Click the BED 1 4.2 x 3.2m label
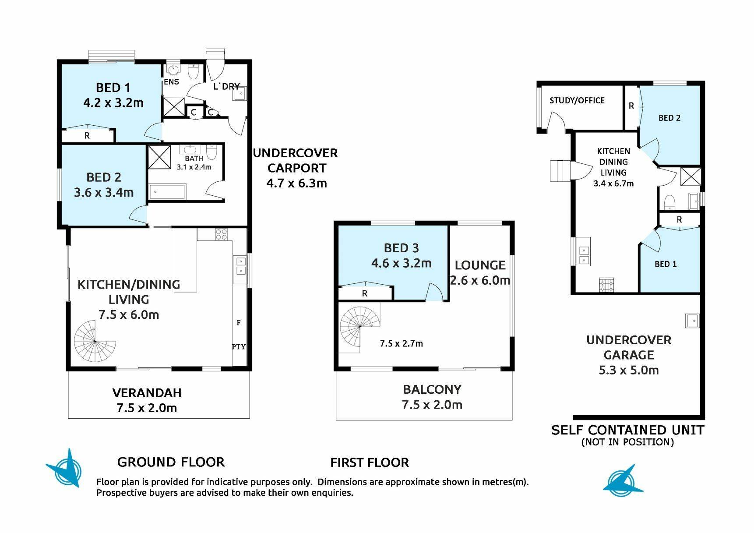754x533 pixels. (x=113, y=95)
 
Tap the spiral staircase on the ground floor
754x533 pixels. (x=95, y=341)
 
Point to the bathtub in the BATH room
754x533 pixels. (x=168, y=191)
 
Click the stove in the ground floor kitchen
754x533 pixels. (x=221, y=234)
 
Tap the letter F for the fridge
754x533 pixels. (x=239, y=323)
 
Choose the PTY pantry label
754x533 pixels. (x=239, y=347)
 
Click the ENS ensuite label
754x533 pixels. (x=171, y=82)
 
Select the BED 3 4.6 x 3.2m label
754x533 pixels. (x=402, y=255)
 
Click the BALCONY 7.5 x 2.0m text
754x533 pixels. (x=432, y=397)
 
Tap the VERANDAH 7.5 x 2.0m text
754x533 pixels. (x=147, y=400)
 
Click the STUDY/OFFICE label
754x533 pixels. (x=577, y=100)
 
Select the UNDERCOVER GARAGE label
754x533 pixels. (x=629, y=348)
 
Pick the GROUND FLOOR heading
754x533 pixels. (x=171, y=462)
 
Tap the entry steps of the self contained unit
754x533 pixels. (x=559, y=171)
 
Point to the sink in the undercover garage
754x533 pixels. (x=692, y=321)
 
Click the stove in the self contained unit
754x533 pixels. (x=607, y=285)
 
